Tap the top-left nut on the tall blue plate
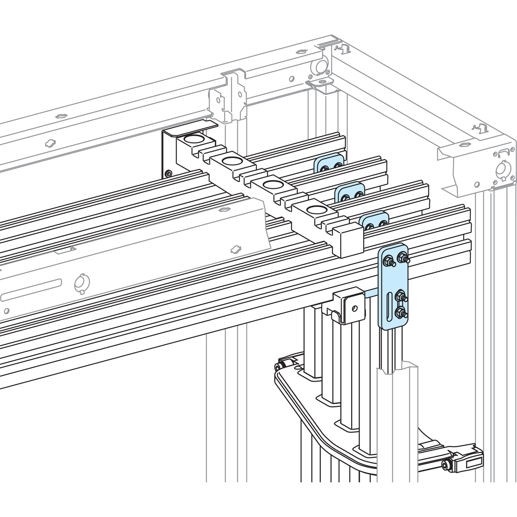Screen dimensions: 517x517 [387, 262]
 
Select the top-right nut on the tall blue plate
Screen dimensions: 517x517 [402, 257]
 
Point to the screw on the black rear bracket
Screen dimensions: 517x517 [169, 174]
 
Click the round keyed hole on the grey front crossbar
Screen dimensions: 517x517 [81, 283]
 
